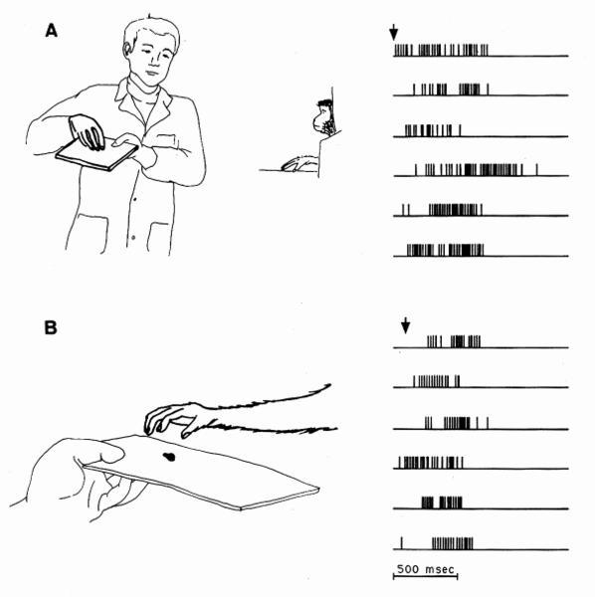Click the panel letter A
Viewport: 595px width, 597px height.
click(x=52, y=31)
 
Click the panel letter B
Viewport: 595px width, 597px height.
click(x=51, y=327)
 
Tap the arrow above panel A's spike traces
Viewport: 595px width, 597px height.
click(x=394, y=33)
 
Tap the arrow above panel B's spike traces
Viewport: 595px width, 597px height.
click(x=405, y=325)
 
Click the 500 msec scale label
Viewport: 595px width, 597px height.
click(x=425, y=569)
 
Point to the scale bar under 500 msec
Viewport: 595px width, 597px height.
click(x=425, y=576)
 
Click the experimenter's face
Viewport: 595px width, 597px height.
click(x=151, y=57)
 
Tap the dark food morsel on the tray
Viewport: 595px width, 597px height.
click(x=169, y=456)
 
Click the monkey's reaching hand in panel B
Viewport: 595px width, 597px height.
click(x=171, y=419)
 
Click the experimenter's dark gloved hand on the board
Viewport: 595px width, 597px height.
click(x=87, y=131)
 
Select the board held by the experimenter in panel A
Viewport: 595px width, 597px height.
click(x=97, y=153)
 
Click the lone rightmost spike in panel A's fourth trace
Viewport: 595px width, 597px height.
click(x=536, y=170)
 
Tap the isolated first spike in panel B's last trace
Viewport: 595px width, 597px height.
click(x=402, y=543)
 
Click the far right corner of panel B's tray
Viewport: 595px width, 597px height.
click(x=318, y=488)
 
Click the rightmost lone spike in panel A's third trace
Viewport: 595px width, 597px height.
click(x=461, y=130)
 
